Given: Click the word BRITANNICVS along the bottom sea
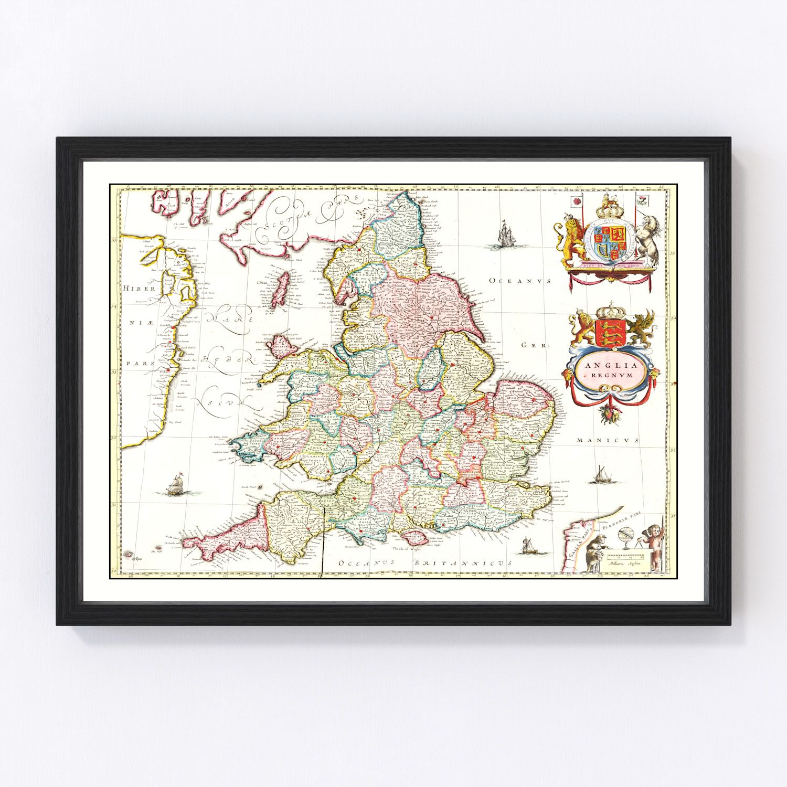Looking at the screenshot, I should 462,562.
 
